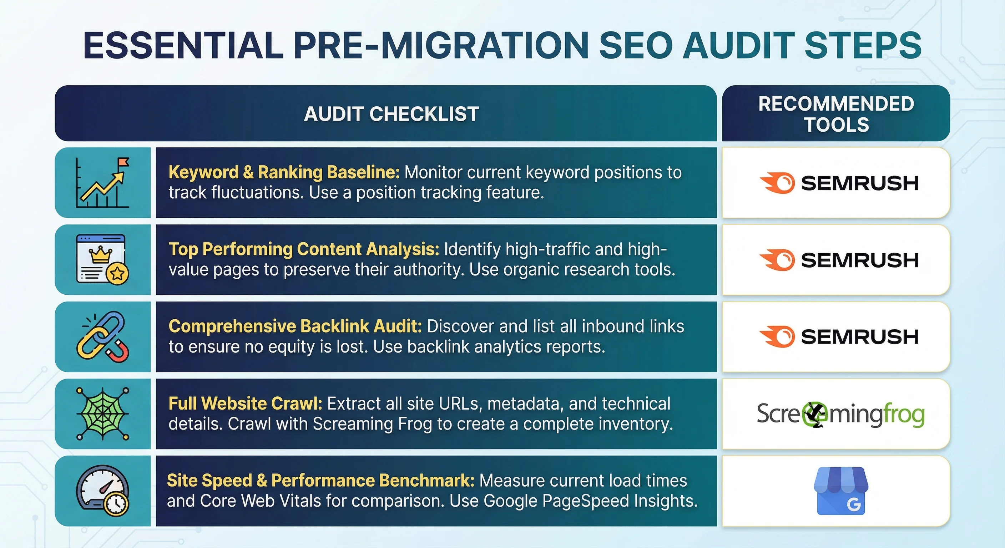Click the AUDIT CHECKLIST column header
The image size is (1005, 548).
(x=391, y=114)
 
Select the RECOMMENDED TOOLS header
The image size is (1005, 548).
(x=836, y=114)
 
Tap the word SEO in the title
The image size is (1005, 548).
(x=636, y=46)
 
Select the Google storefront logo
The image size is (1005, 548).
(x=841, y=491)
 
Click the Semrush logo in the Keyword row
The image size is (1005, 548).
(x=839, y=183)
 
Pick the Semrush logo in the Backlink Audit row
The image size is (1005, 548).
(x=839, y=336)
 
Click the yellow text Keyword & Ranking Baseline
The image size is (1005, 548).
(x=284, y=172)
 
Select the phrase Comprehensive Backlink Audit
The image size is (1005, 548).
(x=295, y=326)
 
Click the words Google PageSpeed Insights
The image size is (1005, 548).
(x=590, y=501)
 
